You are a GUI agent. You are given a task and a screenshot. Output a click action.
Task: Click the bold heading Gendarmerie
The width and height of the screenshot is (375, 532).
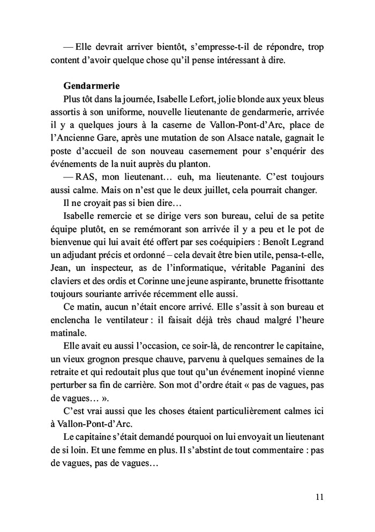click(x=91, y=86)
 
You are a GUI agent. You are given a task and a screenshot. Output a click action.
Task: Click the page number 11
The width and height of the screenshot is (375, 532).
click(x=319, y=497)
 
